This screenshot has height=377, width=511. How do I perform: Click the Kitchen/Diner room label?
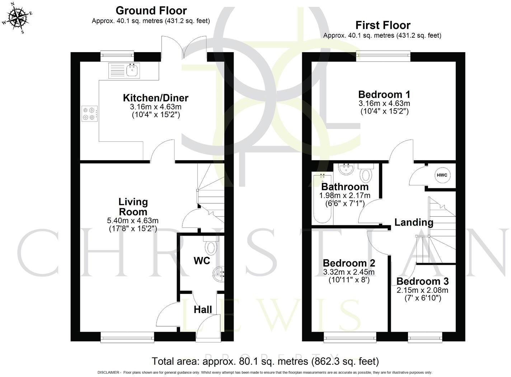click(x=155, y=98)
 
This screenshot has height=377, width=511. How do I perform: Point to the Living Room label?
click(x=133, y=207)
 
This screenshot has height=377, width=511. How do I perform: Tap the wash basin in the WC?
click(x=219, y=274)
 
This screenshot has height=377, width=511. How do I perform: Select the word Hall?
click(x=203, y=309)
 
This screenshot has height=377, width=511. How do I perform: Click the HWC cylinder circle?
click(x=442, y=175)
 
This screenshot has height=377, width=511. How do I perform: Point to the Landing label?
click(x=413, y=222)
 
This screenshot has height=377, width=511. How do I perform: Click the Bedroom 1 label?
click(x=384, y=95)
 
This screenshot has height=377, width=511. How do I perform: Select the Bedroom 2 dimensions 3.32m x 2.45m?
click(x=349, y=272)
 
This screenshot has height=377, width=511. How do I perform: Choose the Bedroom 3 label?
click(x=422, y=281)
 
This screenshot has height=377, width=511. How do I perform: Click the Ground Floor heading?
click(x=151, y=10)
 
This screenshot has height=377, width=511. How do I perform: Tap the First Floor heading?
click(x=383, y=25)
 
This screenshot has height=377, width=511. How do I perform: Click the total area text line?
click(x=265, y=361)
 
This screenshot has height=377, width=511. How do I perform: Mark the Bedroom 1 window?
click(x=383, y=55)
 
